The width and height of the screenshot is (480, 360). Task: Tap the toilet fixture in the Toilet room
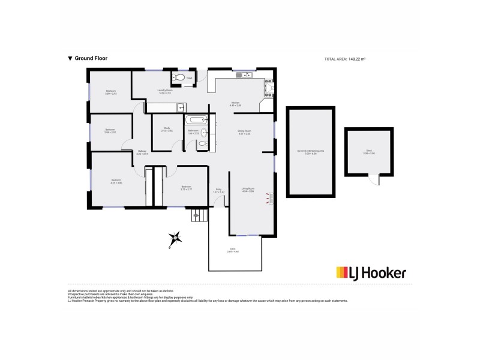point(179,77)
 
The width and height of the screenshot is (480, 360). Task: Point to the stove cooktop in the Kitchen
point(269,90)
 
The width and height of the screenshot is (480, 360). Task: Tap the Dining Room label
point(244,132)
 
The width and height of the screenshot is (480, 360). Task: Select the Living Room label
point(248,190)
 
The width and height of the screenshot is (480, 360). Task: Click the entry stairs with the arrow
point(198,214)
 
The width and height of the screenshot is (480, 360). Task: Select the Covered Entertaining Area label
point(310,152)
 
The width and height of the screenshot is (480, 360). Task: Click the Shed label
point(368,152)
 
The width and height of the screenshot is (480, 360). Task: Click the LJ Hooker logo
point(371,273)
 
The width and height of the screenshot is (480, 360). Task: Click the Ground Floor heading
point(88,58)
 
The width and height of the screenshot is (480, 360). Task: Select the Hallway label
point(142,152)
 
